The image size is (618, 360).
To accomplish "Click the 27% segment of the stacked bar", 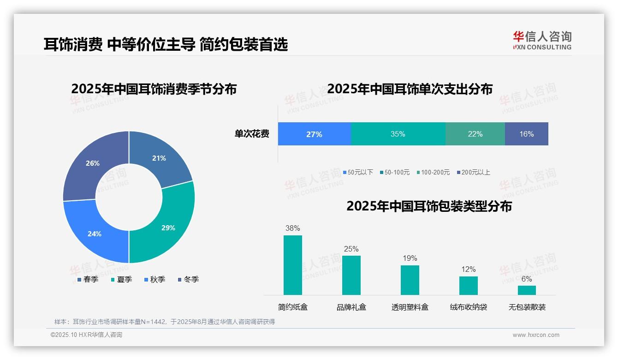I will (x=314, y=134).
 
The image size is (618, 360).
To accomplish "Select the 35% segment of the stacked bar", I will (x=398, y=134).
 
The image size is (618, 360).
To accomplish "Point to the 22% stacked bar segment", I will (x=475, y=134).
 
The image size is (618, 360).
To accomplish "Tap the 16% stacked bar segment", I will (x=526, y=134).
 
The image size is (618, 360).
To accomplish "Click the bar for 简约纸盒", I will (x=292, y=265).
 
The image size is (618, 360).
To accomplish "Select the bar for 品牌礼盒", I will (x=351, y=275).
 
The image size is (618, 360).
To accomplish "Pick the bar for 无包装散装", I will (x=527, y=290).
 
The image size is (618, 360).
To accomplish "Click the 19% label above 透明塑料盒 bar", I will (x=410, y=258).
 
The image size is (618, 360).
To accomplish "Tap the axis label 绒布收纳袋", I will (x=468, y=307).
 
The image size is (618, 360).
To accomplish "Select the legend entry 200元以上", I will (x=475, y=172).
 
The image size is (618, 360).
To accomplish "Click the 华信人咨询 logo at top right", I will (x=542, y=40).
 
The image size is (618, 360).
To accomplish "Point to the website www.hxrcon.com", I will (x=535, y=335).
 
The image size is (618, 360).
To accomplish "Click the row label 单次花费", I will (x=252, y=134).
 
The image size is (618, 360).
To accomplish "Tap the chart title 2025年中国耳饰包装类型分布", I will (x=429, y=206).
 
